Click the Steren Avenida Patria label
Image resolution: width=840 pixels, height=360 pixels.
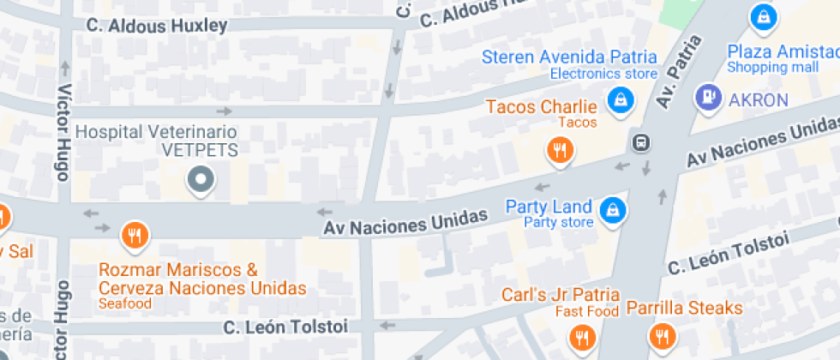coord(569,57)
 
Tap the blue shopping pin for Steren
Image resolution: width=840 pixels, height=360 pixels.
coord(618,101)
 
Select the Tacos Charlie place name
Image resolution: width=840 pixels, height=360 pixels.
coord(541,107)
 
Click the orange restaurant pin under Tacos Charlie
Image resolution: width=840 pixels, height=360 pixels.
coord(560,152)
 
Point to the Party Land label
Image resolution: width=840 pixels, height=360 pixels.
coord(549,207)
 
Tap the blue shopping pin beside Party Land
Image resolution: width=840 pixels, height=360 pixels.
coord(611,208)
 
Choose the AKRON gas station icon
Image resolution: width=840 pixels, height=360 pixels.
coord(709,98)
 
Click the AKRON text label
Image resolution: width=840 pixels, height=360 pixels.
coord(758,100)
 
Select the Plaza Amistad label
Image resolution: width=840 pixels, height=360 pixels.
coord(782,50)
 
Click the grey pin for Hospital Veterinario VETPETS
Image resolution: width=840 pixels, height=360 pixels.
coord(201,179)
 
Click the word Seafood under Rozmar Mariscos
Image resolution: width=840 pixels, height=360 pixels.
coord(125,303)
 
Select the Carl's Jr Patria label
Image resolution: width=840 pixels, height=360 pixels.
coord(561,294)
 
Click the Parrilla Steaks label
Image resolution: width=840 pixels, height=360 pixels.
coord(684,307)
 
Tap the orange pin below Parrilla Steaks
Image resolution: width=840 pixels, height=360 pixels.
coord(661,336)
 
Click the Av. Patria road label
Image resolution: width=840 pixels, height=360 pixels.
coord(679,71)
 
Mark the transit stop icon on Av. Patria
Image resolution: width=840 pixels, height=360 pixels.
coord(639,141)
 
